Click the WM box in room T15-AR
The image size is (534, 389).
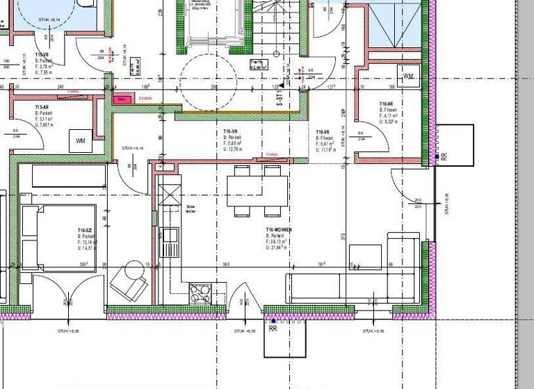(x=81, y=141)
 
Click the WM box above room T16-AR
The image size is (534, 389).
(x=408, y=74)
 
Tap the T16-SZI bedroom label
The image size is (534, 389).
(x=86, y=229)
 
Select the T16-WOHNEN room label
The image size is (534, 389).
(x=279, y=229)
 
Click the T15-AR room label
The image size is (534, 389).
(x=42, y=108)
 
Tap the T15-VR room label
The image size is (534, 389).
(x=42, y=55)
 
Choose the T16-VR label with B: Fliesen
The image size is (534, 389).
(x=323, y=131)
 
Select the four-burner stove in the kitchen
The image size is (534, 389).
(x=200, y=293)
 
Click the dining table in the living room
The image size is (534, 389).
(x=257, y=189)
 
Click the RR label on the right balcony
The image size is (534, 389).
(x=444, y=158)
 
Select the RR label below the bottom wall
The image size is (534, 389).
(x=273, y=329)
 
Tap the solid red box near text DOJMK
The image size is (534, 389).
(x=123, y=99)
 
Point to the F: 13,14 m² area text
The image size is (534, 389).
(x=88, y=241)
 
